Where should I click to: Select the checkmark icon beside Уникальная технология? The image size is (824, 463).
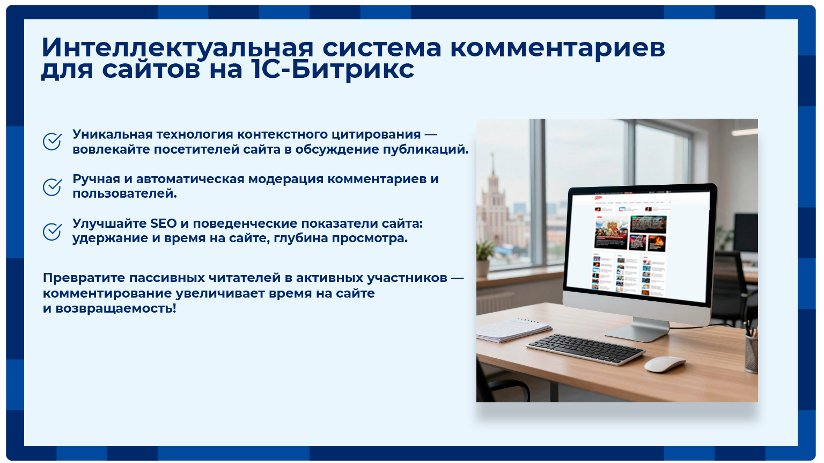click(x=52, y=142)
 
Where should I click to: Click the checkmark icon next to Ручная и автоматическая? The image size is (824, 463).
click(x=52, y=187)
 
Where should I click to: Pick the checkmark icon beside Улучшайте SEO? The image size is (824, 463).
click(x=52, y=231)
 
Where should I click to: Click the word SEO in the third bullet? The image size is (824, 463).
click(x=164, y=223)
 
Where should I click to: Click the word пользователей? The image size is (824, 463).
click(x=124, y=194)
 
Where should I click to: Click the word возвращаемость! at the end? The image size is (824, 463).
click(x=116, y=309)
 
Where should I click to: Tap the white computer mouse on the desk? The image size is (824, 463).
click(x=664, y=364)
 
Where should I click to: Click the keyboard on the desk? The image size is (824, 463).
click(x=586, y=349)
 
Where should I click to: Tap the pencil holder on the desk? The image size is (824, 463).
click(x=751, y=352)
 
